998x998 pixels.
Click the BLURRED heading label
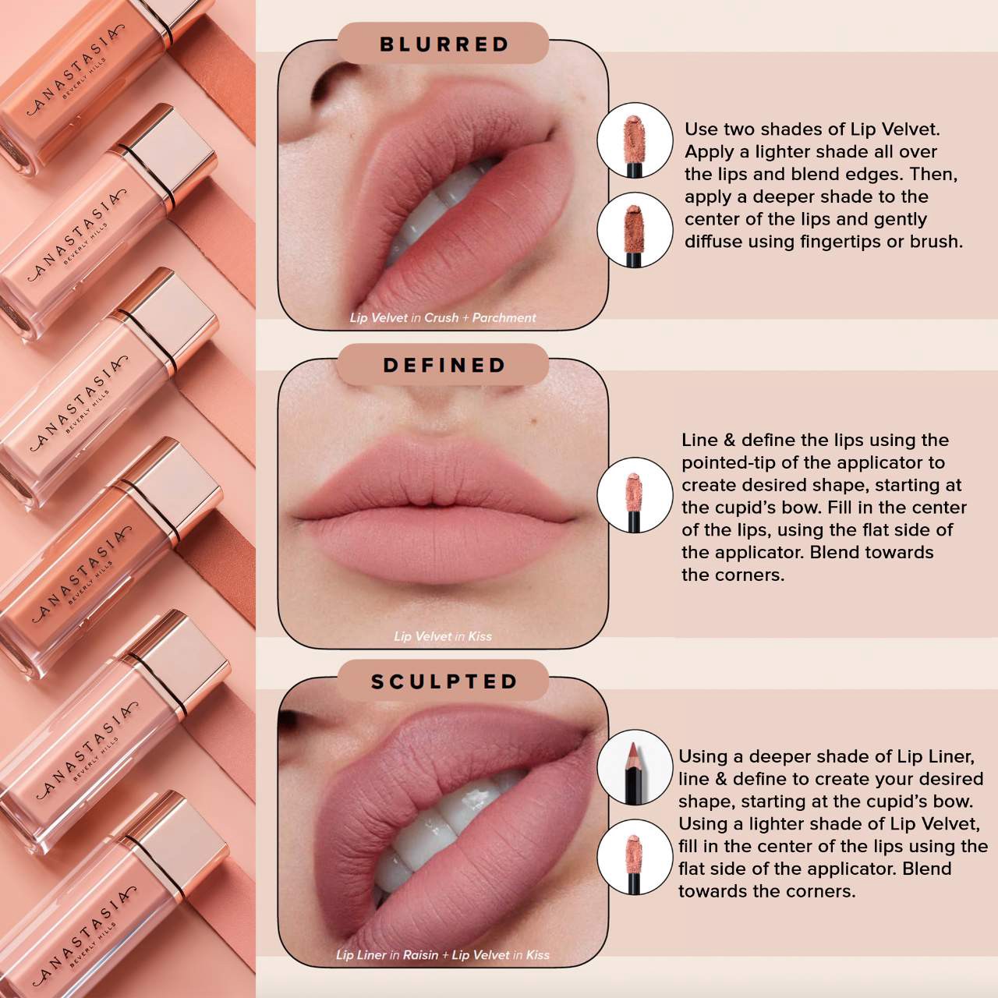[444, 44]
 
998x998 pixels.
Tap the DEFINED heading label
[444, 365]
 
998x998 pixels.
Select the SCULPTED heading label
[444, 681]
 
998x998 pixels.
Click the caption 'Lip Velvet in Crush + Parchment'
[442, 317]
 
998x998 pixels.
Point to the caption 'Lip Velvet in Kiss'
[442, 636]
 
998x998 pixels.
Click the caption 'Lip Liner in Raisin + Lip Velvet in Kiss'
[442, 954]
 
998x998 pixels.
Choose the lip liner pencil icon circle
[635, 768]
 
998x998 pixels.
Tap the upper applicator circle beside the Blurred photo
[635, 140]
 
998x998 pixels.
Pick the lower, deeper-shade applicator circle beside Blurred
[635, 230]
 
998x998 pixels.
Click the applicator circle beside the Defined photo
[635, 495]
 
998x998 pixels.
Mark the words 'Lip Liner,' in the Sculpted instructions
[935, 756]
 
